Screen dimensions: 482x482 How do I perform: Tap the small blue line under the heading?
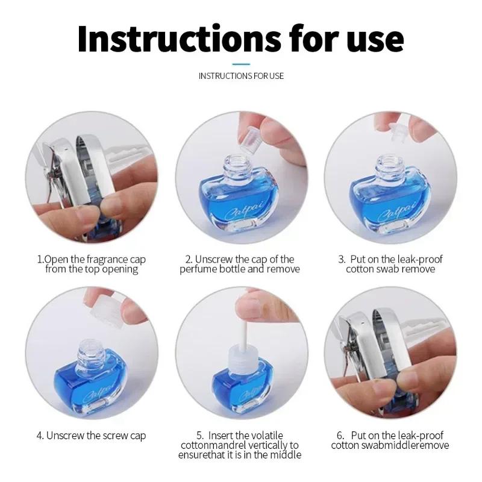click(241, 64)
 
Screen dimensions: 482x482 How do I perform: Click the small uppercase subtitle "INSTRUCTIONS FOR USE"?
click(241, 76)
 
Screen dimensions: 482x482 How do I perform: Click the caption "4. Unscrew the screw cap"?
click(92, 436)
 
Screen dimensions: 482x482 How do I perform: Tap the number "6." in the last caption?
click(340, 436)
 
